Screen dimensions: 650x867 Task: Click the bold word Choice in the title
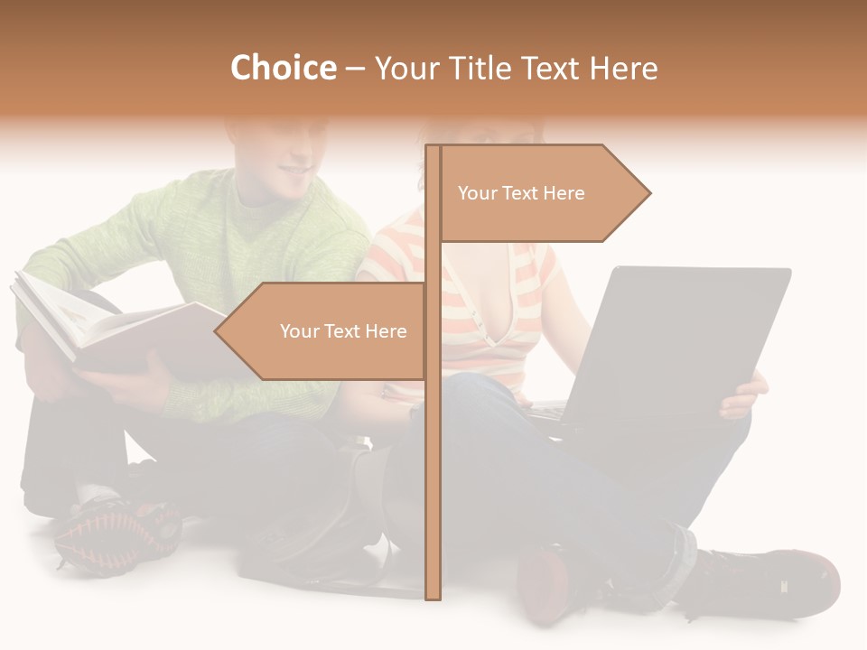click(283, 69)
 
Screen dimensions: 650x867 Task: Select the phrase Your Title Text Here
click(516, 69)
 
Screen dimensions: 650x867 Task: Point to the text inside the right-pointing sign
click(521, 193)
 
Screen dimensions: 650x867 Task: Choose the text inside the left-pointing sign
click(343, 331)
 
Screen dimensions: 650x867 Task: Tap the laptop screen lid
click(677, 334)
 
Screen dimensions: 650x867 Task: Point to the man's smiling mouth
click(294, 169)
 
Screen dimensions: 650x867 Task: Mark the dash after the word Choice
click(355, 70)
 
